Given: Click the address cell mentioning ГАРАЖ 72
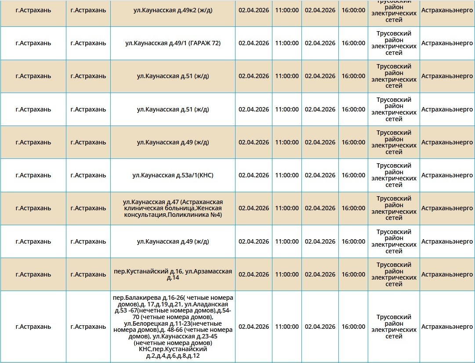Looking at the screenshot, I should click(x=173, y=43).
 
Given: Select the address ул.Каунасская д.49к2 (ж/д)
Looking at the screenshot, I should click(x=173, y=10).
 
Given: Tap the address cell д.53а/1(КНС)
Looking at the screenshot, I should click(x=173, y=175).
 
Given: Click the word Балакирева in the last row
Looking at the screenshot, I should click(x=141, y=298).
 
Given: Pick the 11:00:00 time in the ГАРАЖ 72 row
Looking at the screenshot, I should click(x=287, y=43).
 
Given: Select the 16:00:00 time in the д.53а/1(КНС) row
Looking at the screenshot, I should click(x=353, y=175).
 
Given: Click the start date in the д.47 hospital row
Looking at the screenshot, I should click(x=254, y=208).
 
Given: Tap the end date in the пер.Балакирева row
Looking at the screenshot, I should click(x=320, y=327).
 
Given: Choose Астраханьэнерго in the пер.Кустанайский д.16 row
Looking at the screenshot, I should click(x=447, y=274).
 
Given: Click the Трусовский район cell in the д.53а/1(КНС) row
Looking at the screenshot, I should click(x=394, y=175).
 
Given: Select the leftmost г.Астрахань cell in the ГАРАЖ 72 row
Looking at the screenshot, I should click(x=33, y=43).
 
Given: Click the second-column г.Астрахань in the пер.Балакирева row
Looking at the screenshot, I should click(x=88, y=327).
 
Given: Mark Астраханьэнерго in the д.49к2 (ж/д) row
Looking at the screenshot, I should click(x=447, y=10).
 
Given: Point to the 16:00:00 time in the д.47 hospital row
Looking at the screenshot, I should click(x=353, y=208).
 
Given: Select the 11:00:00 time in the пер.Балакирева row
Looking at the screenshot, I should click(x=287, y=327).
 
